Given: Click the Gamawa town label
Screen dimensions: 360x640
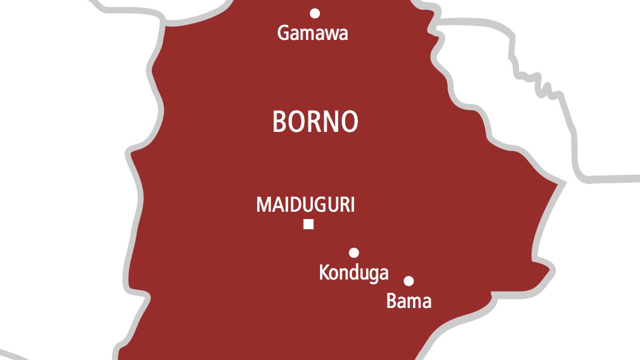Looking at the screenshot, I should (x=313, y=33).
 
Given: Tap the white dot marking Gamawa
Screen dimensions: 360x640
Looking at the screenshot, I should (x=315, y=13).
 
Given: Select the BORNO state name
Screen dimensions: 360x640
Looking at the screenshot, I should (x=315, y=122).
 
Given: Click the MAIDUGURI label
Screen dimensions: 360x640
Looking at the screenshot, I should (x=305, y=205).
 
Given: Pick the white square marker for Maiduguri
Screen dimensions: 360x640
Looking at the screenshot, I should (x=309, y=224).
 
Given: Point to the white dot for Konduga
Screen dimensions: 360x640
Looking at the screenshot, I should (x=354, y=252).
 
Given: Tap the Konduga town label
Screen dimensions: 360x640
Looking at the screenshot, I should (x=354, y=273).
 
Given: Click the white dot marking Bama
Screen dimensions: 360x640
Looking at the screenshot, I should (x=409, y=281).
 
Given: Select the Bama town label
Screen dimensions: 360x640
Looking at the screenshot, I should (x=409, y=301).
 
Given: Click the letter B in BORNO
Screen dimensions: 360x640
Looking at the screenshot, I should (x=279, y=122).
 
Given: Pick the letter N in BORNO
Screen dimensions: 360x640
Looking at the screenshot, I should (x=328, y=122).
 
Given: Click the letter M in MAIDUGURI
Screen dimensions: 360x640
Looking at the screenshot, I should (x=263, y=205).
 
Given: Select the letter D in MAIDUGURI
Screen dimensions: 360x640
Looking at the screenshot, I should (x=289, y=205).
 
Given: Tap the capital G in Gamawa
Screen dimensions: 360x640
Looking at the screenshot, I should (x=283, y=33).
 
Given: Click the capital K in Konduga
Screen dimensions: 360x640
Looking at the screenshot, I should (x=324, y=273).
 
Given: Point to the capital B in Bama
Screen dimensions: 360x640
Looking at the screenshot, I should (x=391, y=301).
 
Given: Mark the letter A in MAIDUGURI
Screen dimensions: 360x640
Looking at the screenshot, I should (x=275, y=205).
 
